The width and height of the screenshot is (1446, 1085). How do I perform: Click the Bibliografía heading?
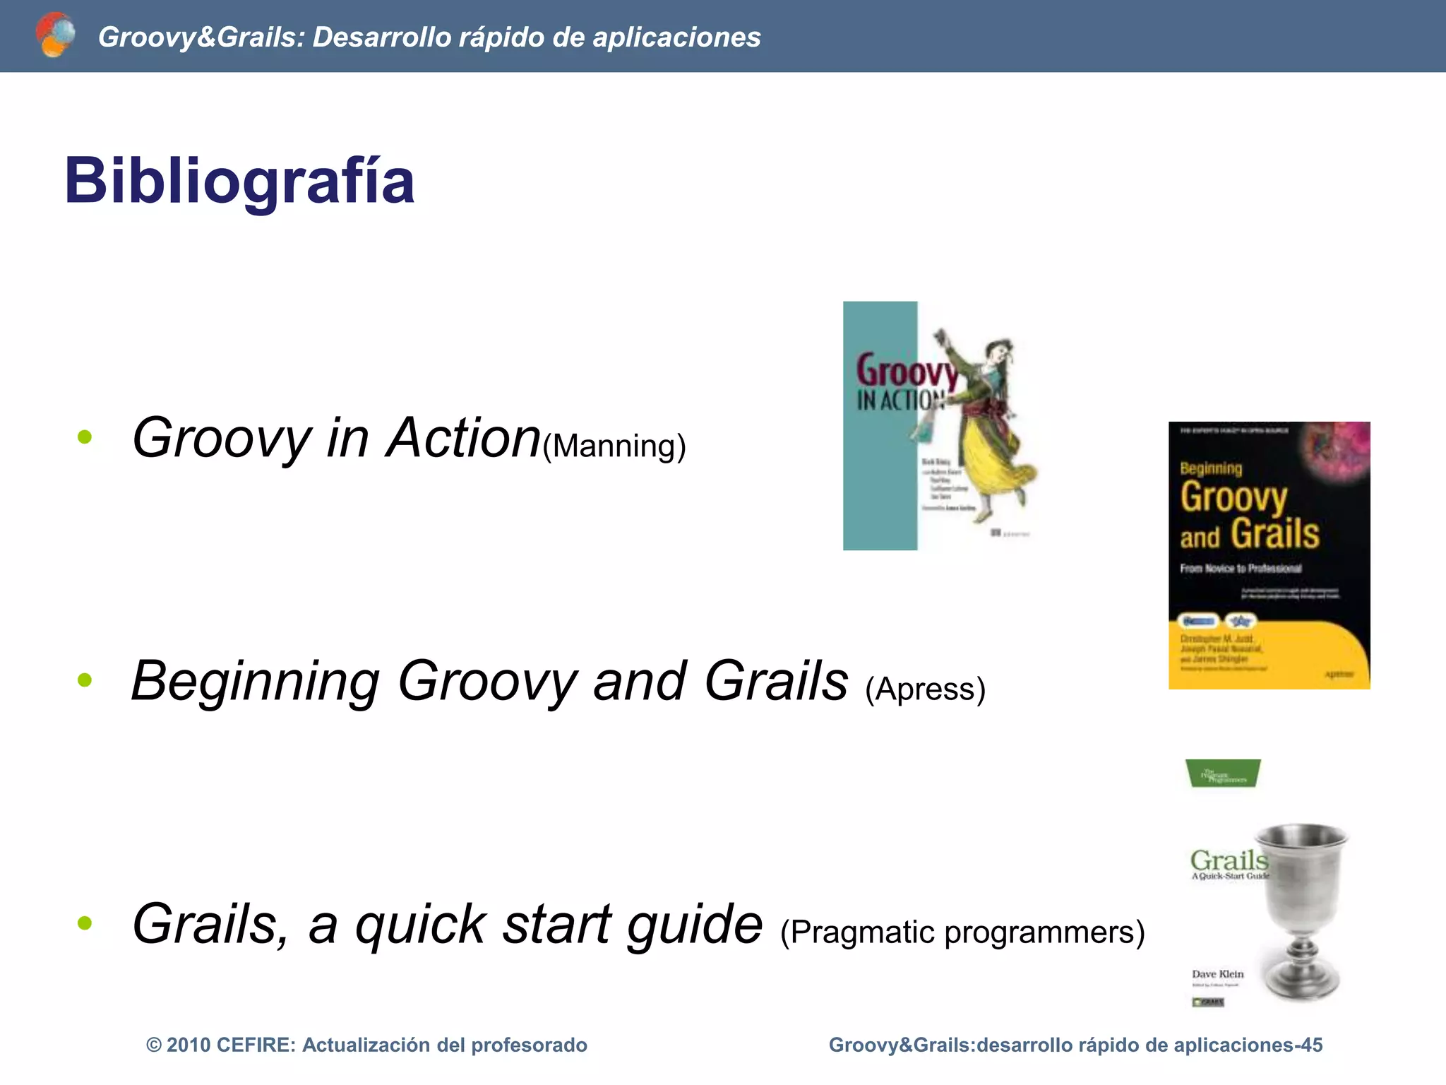[x=239, y=182]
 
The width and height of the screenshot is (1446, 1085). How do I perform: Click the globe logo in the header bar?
[x=55, y=35]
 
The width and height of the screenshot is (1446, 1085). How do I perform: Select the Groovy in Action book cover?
[x=939, y=426]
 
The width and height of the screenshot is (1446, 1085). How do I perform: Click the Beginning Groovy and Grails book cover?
[x=1269, y=555]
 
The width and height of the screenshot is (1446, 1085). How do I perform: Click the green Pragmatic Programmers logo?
[x=1223, y=773]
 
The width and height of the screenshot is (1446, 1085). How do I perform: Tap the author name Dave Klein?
[x=1217, y=973]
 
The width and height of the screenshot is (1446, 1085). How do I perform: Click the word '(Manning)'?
[x=614, y=446]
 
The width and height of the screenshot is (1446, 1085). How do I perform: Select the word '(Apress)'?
[x=925, y=689]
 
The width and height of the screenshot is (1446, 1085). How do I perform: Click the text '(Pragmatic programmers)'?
[x=962, y=932]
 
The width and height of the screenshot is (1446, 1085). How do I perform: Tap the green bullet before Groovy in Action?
[x=85, y=437]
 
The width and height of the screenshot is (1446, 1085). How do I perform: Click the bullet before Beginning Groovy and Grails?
[x=85, y=680]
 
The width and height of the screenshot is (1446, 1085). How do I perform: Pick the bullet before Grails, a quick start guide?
[x=85, y=923]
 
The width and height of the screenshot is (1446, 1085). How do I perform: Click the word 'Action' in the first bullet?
[x=463, y=437]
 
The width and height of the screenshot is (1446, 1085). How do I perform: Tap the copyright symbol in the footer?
[x=153, y=1045]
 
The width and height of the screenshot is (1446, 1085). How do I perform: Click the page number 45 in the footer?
[x=1311, y=1045]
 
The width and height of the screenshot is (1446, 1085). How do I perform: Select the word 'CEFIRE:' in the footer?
[x=256, y=1045]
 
